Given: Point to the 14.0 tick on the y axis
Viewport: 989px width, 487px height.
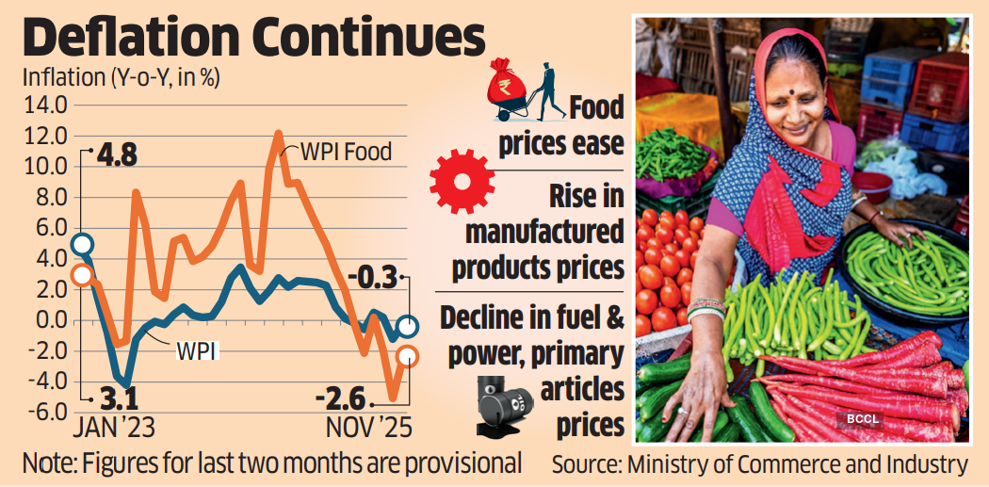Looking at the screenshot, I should coord(48,106).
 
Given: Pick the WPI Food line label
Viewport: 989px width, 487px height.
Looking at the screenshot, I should coord(346,151).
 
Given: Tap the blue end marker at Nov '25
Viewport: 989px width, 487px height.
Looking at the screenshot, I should coord(407,327).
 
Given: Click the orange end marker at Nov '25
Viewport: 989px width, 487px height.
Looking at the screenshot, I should coord(407,355).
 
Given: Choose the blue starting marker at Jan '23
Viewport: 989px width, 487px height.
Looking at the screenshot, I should coord(82,246).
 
